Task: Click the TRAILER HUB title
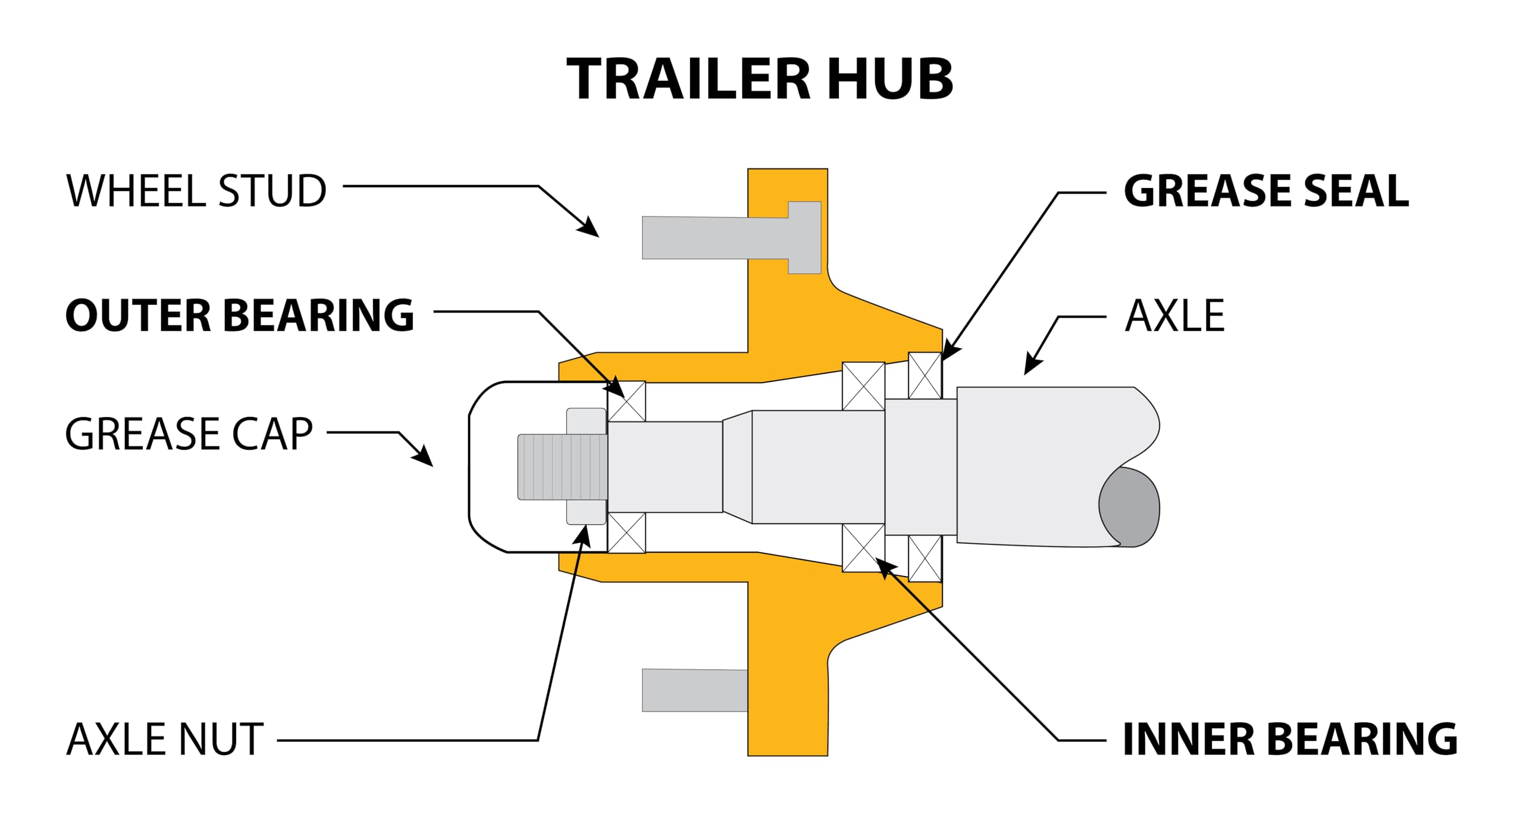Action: click(760, 79)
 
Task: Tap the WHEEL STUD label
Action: click(196, 192)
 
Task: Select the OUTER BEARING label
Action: click(240, 315)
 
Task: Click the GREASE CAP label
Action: click(189, 434)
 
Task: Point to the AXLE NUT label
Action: click(165, 740)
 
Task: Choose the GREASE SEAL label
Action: click(1266, 192)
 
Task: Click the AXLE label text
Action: click(1175, 315)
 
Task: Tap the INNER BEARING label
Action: click(1290, 740)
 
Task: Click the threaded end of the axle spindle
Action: click(562, 467)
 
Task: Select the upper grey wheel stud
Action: click(714, 238)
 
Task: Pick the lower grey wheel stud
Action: click(694, 690)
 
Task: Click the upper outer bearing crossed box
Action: click(626, 401)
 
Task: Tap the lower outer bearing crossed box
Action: click(626, 533)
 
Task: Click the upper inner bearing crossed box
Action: click(863, 386)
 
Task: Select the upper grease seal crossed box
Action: click(925, 375)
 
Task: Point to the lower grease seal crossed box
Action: click(925, 558)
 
